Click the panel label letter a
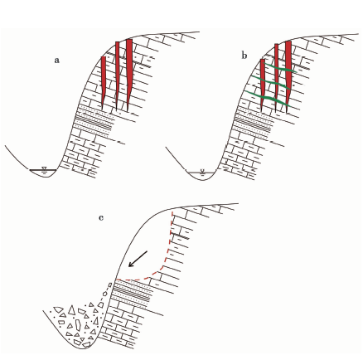56,61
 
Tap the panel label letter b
244,56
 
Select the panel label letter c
101,218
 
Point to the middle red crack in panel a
117,75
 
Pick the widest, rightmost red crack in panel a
128,75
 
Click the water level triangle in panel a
44,168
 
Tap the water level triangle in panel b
202,171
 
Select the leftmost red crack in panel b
263,85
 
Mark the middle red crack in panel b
276,78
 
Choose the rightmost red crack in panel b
288,76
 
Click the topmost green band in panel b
280,68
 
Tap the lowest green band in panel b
268,98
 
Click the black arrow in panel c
138,259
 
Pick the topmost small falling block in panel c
110,285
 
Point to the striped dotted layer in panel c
132,294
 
